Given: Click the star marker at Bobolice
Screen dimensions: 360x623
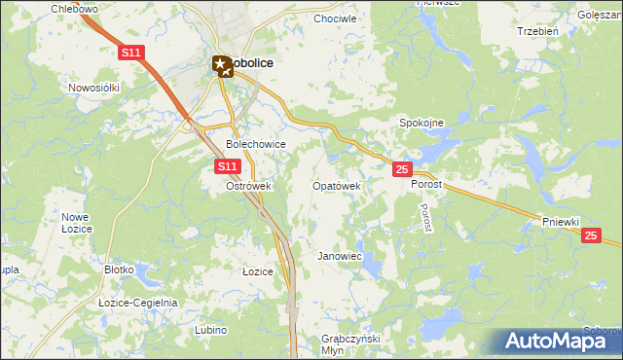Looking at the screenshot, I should [222, 65].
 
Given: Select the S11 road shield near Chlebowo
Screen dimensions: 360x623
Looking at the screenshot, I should [132, 52].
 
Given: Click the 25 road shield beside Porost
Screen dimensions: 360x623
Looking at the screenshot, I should [401, 170].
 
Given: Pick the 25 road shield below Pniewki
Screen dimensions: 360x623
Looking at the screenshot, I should [590, 235].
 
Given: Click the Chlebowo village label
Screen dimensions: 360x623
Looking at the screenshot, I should [76, 9].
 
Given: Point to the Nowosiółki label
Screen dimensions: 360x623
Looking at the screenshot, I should [93, 87].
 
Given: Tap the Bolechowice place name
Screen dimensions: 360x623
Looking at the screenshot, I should [255, 144].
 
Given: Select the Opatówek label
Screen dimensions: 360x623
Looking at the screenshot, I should [336, 185].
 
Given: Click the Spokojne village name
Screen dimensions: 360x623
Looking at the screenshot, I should [421, 123].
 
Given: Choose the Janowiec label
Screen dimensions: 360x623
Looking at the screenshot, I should [340, 256].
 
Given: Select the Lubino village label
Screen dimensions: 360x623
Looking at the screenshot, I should [210, 331].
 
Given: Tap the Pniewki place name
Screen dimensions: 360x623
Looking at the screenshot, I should [562, 222].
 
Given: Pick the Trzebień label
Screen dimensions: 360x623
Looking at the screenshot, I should [537, 31].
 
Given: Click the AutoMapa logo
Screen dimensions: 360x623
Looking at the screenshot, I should [556, 342].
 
